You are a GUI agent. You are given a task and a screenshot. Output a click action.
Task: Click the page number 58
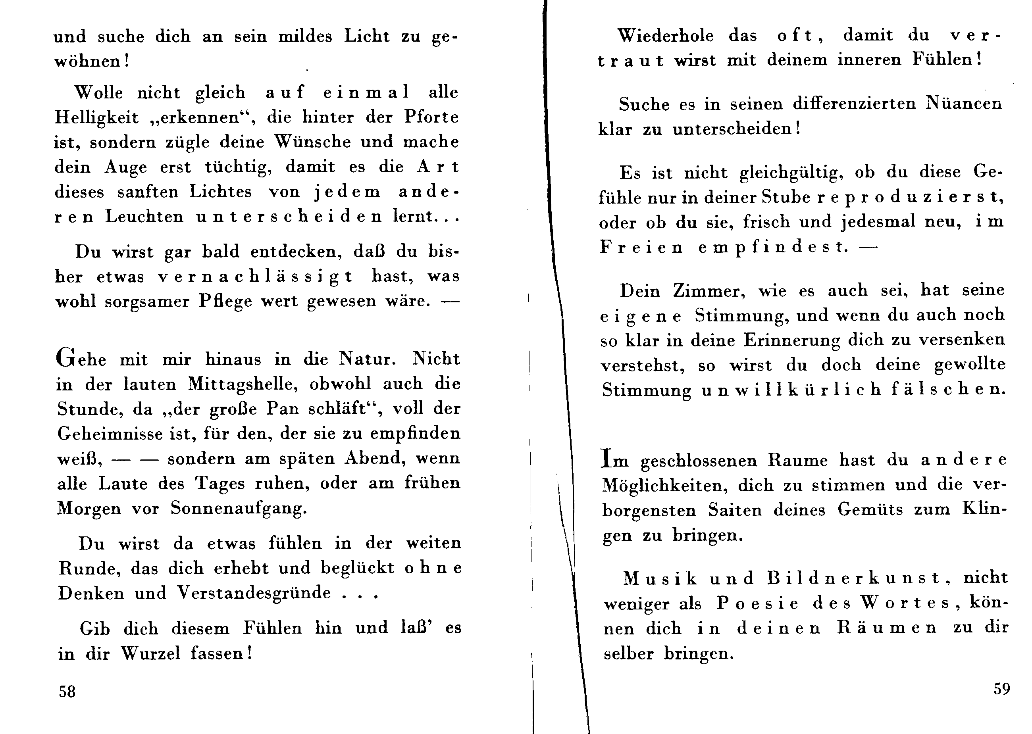[x=67, y=692]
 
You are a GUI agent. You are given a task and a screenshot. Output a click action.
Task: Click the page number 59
[x=1001, y=689]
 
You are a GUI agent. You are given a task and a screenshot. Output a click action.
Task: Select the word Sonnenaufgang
[x=239, y=509]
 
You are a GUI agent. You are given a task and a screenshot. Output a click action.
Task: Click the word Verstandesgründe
[x=254, y=592]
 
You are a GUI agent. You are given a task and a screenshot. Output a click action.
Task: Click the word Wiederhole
[x=665, y=36]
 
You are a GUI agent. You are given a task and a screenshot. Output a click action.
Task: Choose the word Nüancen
[x=963, y=104]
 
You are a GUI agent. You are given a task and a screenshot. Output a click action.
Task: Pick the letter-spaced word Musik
[x=660, y=578]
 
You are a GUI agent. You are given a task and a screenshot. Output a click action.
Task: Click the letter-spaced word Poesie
[x=758, y=603]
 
